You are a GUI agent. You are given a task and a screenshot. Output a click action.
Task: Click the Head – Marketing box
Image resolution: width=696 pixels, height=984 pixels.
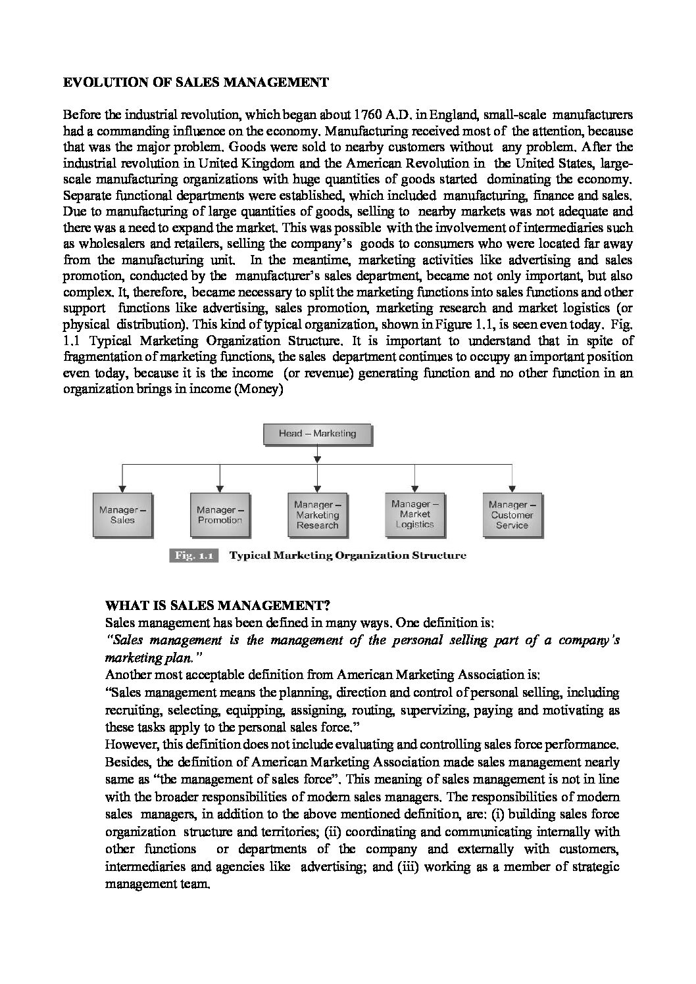click(x=317, y=434)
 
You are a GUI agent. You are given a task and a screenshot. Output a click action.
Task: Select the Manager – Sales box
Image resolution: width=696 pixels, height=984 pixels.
click(x=122, y=515)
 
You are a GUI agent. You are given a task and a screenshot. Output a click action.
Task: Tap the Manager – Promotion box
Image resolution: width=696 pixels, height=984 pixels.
click(x=220, y=515)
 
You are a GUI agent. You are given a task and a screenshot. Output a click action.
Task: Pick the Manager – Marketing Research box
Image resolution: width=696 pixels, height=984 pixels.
click(x=317, y=515)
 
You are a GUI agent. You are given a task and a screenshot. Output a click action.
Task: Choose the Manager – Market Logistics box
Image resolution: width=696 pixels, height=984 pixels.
click(x=414, y=514)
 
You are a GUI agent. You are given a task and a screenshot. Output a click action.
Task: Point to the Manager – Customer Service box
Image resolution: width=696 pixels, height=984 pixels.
click(x=512, y=515)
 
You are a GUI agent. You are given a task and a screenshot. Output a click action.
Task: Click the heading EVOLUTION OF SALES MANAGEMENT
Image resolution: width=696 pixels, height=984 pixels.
click(x=195, y=83)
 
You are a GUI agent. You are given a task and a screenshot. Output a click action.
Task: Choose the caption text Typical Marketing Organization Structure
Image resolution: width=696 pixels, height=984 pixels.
click(x=347, y=555)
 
